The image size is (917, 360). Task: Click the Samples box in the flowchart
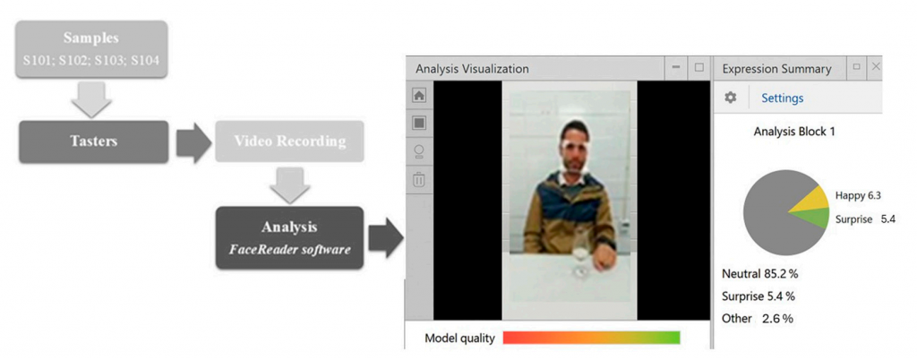tap(91, 49)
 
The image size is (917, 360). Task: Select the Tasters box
tap(93, 141)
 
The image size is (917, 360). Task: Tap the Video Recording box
tap(289, 141)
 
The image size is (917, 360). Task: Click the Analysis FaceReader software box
tap(289, 238)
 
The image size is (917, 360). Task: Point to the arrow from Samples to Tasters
tap(91, 99)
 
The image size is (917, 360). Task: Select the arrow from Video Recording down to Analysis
tap(289, 184)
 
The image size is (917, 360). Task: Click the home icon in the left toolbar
tap(419, 95)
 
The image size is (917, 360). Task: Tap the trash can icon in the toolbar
tap(419, 179)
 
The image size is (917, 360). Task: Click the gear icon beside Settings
tap(731, 98)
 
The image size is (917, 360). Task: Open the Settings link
tap(782, 99)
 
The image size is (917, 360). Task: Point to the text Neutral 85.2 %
tap(760, 273)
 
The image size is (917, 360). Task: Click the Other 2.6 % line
tap(758, 319)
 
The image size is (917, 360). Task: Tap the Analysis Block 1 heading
tap(794, 132)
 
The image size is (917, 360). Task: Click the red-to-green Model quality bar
tap(591, 338)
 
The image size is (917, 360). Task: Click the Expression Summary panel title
tap(776, 69)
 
